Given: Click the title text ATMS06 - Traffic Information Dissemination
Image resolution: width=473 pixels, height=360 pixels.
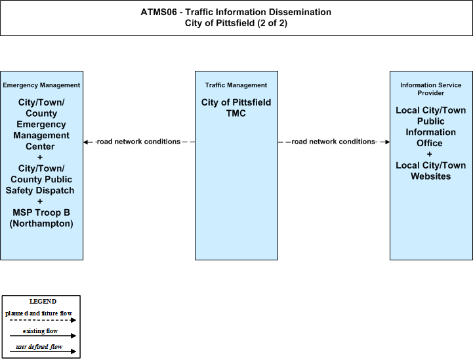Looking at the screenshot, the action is coord(236,12).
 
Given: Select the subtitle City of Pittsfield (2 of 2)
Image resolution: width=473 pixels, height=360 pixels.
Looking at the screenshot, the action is coord(236,23).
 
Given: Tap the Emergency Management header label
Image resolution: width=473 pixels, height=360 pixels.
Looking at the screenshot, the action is coord(41,85).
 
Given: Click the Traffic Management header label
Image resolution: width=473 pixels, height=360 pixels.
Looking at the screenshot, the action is coord(236,85).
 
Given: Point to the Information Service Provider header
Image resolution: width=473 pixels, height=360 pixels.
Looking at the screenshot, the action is coord(431,89).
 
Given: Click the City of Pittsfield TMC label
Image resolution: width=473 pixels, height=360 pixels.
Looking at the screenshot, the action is coord(236,108).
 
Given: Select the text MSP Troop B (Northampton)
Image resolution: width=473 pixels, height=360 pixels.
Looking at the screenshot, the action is coord(41,218).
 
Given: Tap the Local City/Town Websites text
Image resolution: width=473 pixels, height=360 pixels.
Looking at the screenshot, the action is coord(431,170).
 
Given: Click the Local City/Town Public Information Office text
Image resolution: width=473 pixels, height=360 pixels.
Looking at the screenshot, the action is coord(431,127).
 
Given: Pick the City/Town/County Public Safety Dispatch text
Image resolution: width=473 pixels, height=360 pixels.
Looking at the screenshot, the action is coord(40,180).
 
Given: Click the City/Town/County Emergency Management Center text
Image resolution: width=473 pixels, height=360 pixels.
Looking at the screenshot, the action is coord(41,124).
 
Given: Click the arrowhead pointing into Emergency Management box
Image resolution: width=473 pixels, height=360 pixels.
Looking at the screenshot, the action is coord(86,142).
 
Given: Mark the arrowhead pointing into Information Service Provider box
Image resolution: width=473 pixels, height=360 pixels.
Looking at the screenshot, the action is coord(387,142).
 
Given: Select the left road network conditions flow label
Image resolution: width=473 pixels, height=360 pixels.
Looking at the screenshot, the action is coord(138,142).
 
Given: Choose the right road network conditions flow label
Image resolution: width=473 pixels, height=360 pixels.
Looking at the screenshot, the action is coord(334,142).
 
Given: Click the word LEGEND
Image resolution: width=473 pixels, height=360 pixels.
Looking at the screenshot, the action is coord(43,302).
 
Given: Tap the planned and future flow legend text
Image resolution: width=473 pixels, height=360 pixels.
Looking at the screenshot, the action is coord(39,313).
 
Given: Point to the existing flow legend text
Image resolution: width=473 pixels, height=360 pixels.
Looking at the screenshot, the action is coord(40,331).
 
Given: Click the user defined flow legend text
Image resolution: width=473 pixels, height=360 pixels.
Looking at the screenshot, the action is coord(39,347).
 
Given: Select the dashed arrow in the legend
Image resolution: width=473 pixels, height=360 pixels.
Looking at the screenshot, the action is coord(43,320).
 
